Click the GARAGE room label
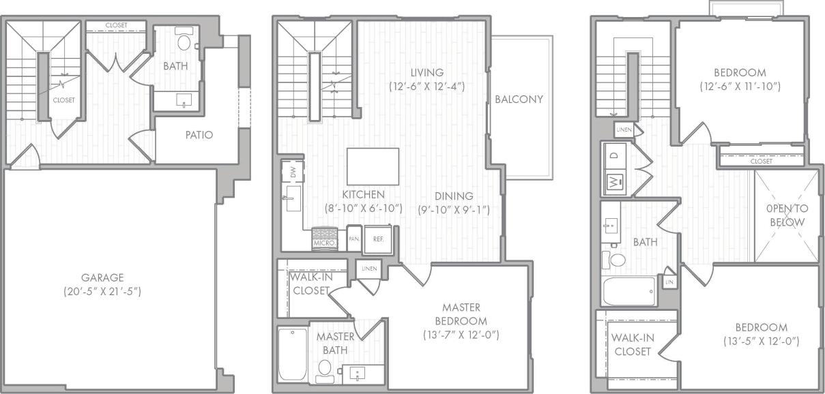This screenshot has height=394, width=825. [x=103, y=277]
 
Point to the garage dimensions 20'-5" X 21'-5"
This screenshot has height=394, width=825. [x=103, y=291]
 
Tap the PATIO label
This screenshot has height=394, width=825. [x=199, y=135]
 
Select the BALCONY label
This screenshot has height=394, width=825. [x=519, y=99]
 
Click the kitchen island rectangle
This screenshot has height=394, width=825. [x=373, y=166]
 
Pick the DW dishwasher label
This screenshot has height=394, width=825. [x=293, y=173]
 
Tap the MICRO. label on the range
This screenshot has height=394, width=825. [x=324, y=243]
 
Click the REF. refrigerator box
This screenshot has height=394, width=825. [x=377, y=240]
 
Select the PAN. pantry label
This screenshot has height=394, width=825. [x=353, y=239]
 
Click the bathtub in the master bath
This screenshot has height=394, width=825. [x=293, y=354]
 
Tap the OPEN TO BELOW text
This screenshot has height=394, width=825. [x=785, y=215]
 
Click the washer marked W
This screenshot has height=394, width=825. [x=613, y=182]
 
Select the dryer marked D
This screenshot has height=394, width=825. [x=613, y=155]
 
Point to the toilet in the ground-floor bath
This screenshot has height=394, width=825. [x=184, y=42]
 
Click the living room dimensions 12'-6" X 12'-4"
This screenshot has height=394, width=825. [x=427, y=87]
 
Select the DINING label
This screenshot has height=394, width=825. [x=453, y=194]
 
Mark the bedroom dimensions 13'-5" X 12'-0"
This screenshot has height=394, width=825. [x=761, y=341]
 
